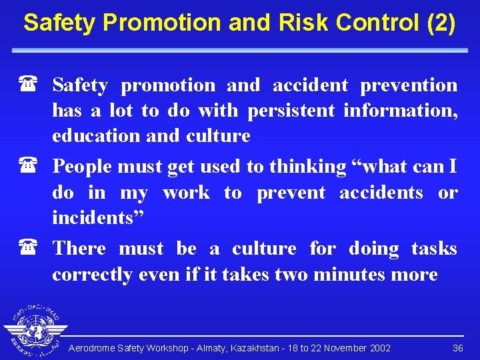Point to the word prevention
(409, 85)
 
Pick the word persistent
(291, 111)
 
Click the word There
(79, 249)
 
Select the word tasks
(434, 249)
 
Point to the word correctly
(92, 275)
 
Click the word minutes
(361, 275)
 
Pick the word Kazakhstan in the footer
(243, 348)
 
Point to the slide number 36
(458, 348)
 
